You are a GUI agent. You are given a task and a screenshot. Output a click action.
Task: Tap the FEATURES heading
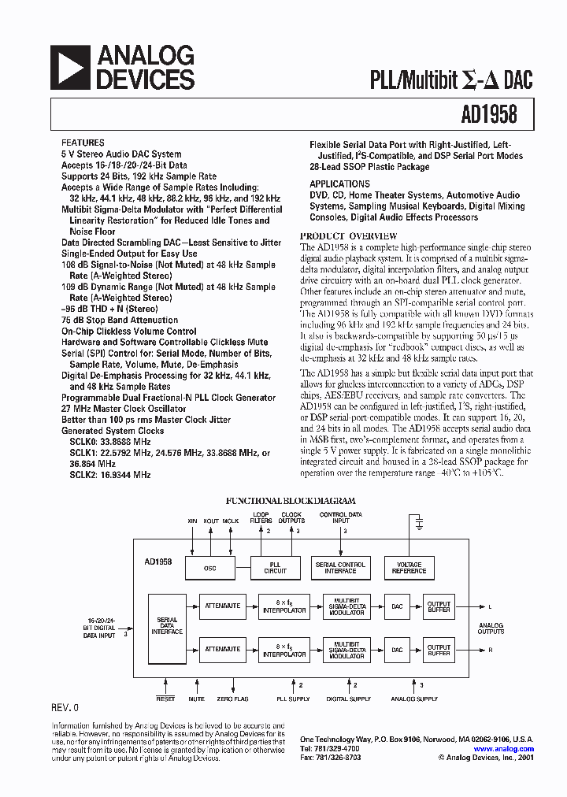tap(83, 143)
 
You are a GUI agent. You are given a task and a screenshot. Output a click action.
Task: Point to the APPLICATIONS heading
tap(339, 183)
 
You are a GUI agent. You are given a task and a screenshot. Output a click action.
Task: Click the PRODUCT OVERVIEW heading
tap(350, 236)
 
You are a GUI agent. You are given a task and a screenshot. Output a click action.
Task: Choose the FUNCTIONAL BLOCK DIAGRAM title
tap(291, 500)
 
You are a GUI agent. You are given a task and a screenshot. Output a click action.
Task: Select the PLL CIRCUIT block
tap(275, 567)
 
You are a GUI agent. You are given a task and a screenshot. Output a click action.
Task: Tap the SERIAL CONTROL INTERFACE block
tap(340, 567)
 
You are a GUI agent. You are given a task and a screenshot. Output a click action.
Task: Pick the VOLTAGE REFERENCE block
tap(409, 567)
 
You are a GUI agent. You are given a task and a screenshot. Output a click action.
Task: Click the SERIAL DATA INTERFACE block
tap(167, 626)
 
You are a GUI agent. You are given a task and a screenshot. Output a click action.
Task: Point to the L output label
tap(490, 606)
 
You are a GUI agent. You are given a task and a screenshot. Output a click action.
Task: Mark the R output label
tap(490, 650)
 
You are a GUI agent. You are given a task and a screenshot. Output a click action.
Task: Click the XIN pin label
tap(192, 521)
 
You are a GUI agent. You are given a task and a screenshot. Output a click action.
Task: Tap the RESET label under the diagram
tap(165, 699)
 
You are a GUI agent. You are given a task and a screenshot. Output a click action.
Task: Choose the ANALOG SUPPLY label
tap(414, 699)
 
